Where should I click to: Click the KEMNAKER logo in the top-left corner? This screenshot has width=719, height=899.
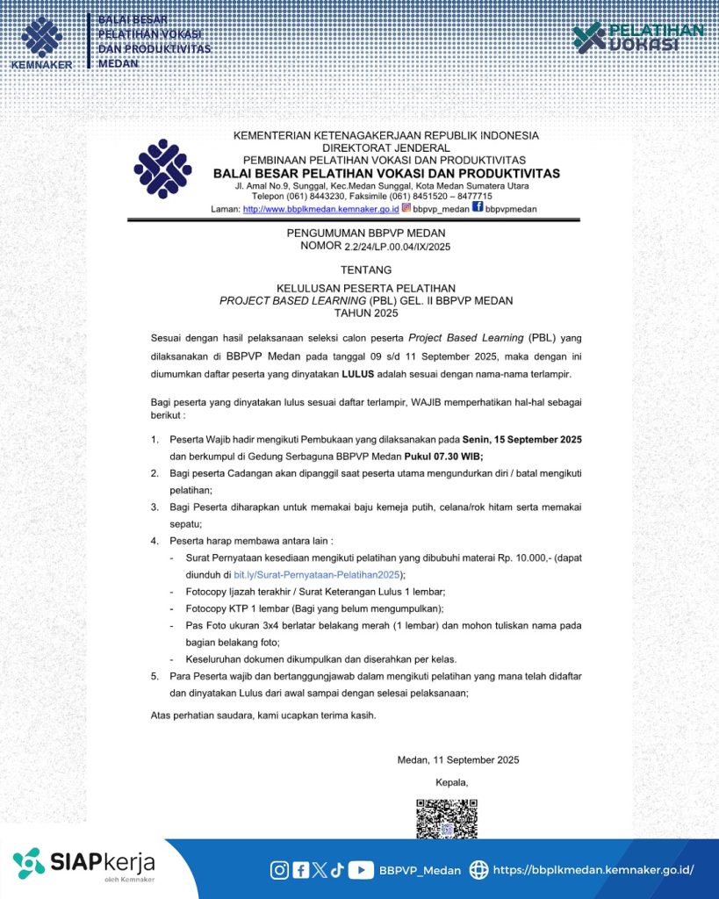click(40, 41)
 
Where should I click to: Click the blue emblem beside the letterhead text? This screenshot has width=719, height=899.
click(162, 169)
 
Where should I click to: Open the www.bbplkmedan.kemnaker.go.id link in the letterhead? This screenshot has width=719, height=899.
click(320, 209)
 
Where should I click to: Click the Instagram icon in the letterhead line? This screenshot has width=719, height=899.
click(406, 208)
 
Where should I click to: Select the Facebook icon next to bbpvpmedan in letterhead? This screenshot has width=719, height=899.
click(478, 208)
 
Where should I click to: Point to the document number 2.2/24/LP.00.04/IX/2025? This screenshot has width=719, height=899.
click(397, 248)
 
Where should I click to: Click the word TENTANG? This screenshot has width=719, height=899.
click(366, 270)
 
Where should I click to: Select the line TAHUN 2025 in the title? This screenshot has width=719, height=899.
click(366, 313)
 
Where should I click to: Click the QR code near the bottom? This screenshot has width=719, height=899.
click(446, 817)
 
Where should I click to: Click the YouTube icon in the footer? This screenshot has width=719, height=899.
click(360, 870)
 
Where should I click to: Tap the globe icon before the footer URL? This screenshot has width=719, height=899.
click(478, 870)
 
